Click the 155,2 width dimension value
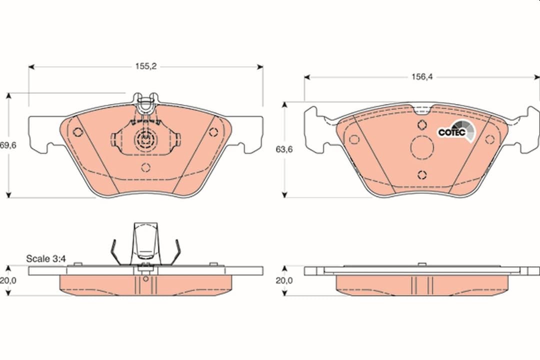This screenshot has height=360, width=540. click(x=145, y=66)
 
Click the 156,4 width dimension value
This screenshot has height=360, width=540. click(x=422, y=77)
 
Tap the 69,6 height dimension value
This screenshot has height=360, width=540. click(x=8, y=145)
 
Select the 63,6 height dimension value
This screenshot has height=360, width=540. click(x=284, y=149)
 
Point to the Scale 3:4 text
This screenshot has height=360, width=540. click(x=46, y=258)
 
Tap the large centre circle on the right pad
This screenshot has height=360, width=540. click(x=422, y=147)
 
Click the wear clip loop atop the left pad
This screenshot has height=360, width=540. click(x=145, y=102)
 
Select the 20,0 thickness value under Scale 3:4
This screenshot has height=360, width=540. click(x=8, y=280)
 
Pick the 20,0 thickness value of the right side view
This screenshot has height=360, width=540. click(x=284, y=280)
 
